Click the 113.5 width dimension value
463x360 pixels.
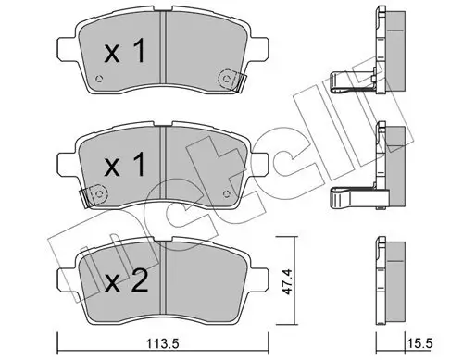coord(163,343)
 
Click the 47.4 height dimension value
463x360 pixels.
coord(286,282)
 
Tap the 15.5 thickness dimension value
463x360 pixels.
coord(420,343)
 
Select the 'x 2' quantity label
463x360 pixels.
coord(126,282)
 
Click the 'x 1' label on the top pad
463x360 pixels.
coord(124,52)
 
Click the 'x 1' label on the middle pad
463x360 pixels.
coord(124,166)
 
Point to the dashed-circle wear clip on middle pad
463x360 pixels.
coord(94,194)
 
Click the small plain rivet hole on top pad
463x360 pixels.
coord(99,79)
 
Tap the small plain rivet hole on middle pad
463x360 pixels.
coord(226,193)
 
